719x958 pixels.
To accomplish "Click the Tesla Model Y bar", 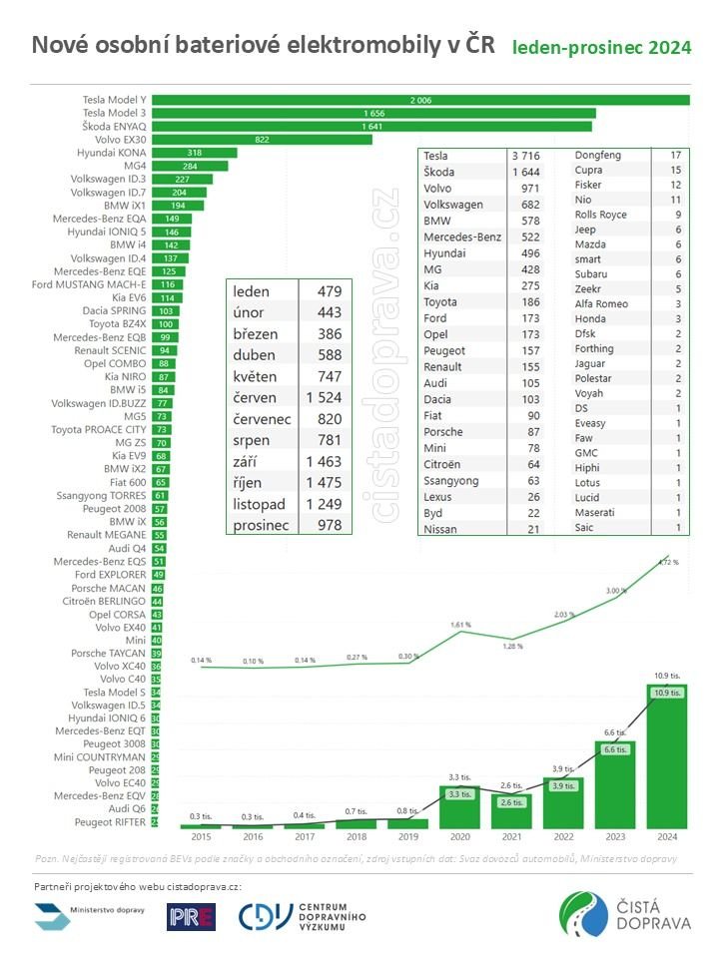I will pos(419,100).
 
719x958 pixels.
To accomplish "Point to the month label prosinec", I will pos(262,524).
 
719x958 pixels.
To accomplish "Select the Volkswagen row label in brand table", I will pos(453,204).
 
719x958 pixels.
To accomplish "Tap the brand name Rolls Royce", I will pos(600,213).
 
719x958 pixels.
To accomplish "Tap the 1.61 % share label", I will pos(459,624).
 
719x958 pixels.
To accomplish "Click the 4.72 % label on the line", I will pos(668,562).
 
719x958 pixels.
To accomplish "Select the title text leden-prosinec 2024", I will pos(601,48).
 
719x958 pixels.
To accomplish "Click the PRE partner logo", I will pos(191,916).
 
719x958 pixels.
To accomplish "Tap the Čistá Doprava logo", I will pos(624,916).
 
